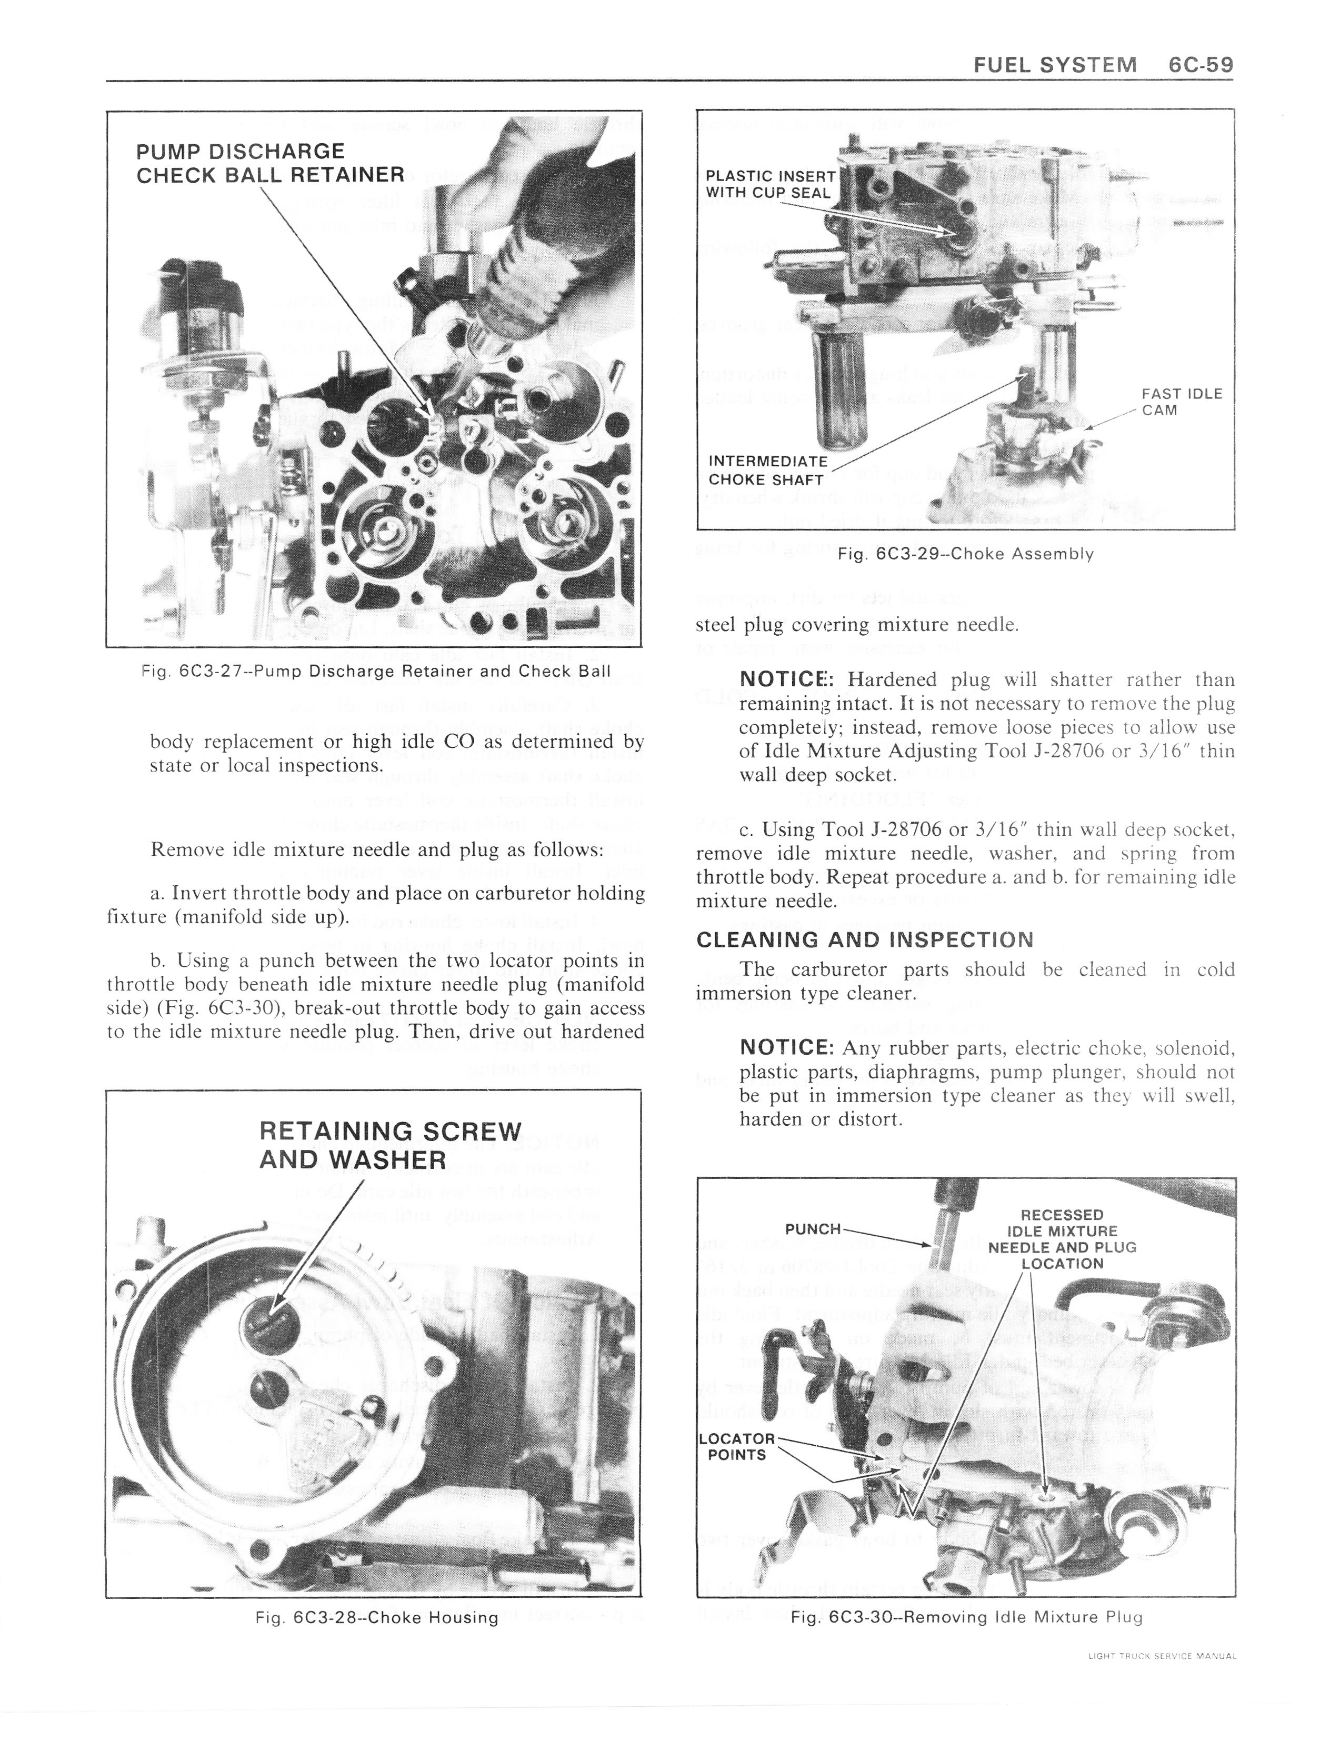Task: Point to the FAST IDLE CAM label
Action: coord(1181,402)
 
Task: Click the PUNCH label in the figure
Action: coord(812,1229)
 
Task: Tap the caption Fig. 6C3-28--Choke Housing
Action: coord(376,1617)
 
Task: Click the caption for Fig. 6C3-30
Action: coord(966,1617)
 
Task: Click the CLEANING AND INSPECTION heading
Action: coord(865,939)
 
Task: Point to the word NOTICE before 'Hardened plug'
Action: coord(786,679)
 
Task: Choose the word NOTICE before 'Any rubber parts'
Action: coord(786,1047)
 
